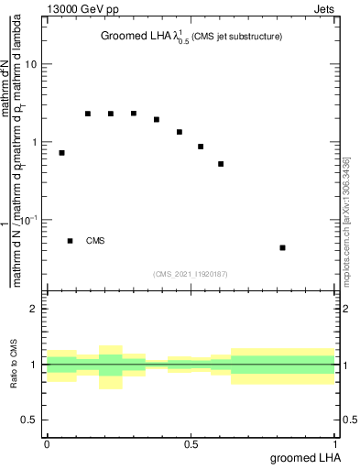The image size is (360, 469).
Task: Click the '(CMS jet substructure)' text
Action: point(236,37)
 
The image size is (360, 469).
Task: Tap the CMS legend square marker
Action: point(71,241)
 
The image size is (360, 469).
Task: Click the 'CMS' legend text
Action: point(95,241)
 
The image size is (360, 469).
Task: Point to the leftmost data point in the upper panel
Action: point(61,153)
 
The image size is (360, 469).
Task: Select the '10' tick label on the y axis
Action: point(31,65)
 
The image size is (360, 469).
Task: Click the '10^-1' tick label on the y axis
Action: point(29,221)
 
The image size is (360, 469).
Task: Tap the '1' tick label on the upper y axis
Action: point(35,143)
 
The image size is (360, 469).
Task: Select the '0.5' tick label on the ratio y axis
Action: point(31,420)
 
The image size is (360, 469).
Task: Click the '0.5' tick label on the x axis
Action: point(191,444)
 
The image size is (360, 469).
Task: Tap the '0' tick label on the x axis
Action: point(47,444)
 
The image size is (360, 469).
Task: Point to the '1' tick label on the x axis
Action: point(335,444)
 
